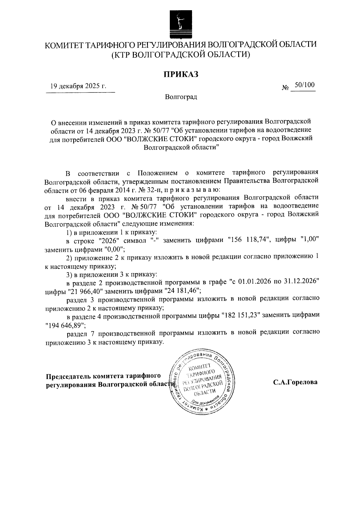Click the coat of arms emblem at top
180,24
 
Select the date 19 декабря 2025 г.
78,86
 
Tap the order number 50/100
304,85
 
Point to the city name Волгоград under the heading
181,97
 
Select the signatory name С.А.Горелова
295,383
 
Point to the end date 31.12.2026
299,282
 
